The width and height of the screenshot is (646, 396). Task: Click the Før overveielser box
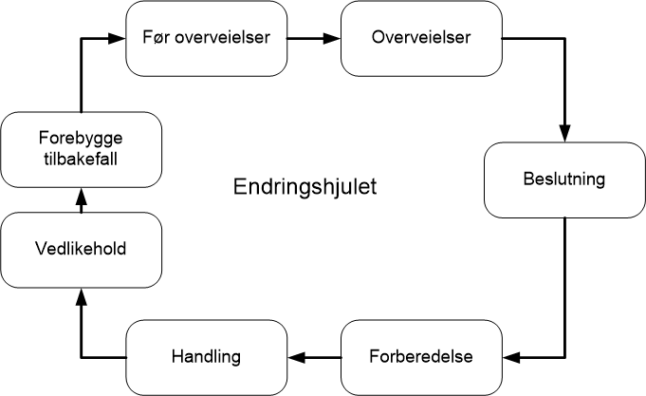pyautogui.click(x=207, y=39)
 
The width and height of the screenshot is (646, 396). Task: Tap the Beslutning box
pyautogui.click(x=564, y=179)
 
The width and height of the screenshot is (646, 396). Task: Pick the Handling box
pyautogui.click(x=207, y=357)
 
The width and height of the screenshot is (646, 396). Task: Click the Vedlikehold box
pyautogui.click(x=81, y=250)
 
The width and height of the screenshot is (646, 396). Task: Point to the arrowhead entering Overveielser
pyautogui.click(x=332, y=39)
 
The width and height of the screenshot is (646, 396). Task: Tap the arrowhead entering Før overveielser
pyautogui.click(x=118, y=39)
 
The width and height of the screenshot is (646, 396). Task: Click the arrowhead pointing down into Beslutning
pyautogui.click(x=564, y=135)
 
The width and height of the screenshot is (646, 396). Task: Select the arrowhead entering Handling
pyautogui.click(x=297, y=357)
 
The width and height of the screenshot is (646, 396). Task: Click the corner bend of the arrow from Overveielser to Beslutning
pyautogui.click(x=564, y=39)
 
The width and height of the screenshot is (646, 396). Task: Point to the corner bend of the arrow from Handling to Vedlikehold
pyautogui.click(x=81, y=357)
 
